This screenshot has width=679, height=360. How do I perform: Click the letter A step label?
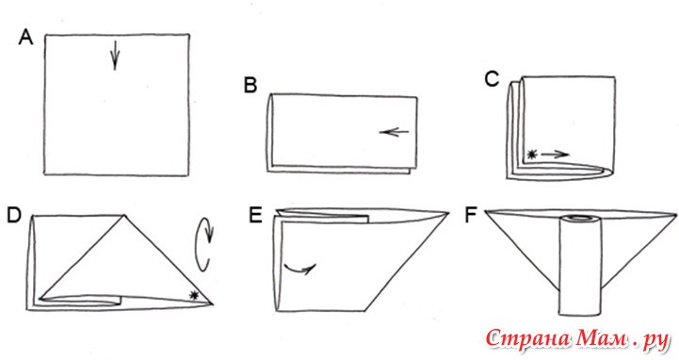pyautogui.click(x=25, y=38)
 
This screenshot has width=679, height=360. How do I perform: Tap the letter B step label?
pyautogui.click(x=251, y=85)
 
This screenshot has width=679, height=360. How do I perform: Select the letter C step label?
pyautogui.click(x=493, y=79)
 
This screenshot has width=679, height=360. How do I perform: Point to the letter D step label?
pyautogui.click(x=14, y=216)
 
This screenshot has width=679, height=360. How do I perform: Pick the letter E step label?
pyautogui.click(x=255, y=215)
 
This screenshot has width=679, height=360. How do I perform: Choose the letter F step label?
pyautogui.click(x=471, y=216)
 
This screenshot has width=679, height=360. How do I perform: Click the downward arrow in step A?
pyautogui.click(x=115, y=55)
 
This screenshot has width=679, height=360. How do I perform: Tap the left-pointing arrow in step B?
pyautogui.click(x=394, y=132)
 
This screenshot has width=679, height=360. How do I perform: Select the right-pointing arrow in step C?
pyautogui.click(x=555, y=154)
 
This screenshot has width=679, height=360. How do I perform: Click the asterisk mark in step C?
pyautogui.click(x=532, y=154)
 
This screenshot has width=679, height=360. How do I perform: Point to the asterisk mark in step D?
pyautogui.click(x=194, y=296)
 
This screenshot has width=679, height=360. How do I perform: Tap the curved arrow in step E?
pyautogui.click(x=299, y=269)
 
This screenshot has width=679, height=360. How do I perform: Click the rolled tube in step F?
pyautogui.click(x=580, y=265)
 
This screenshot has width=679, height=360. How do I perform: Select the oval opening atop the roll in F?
pyautogui.click(x=580, y=218)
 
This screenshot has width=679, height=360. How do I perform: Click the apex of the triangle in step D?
pyautogui.click(x=124, y=215)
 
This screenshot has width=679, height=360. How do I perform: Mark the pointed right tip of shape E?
pyautogui.click(x=448, y=213)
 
